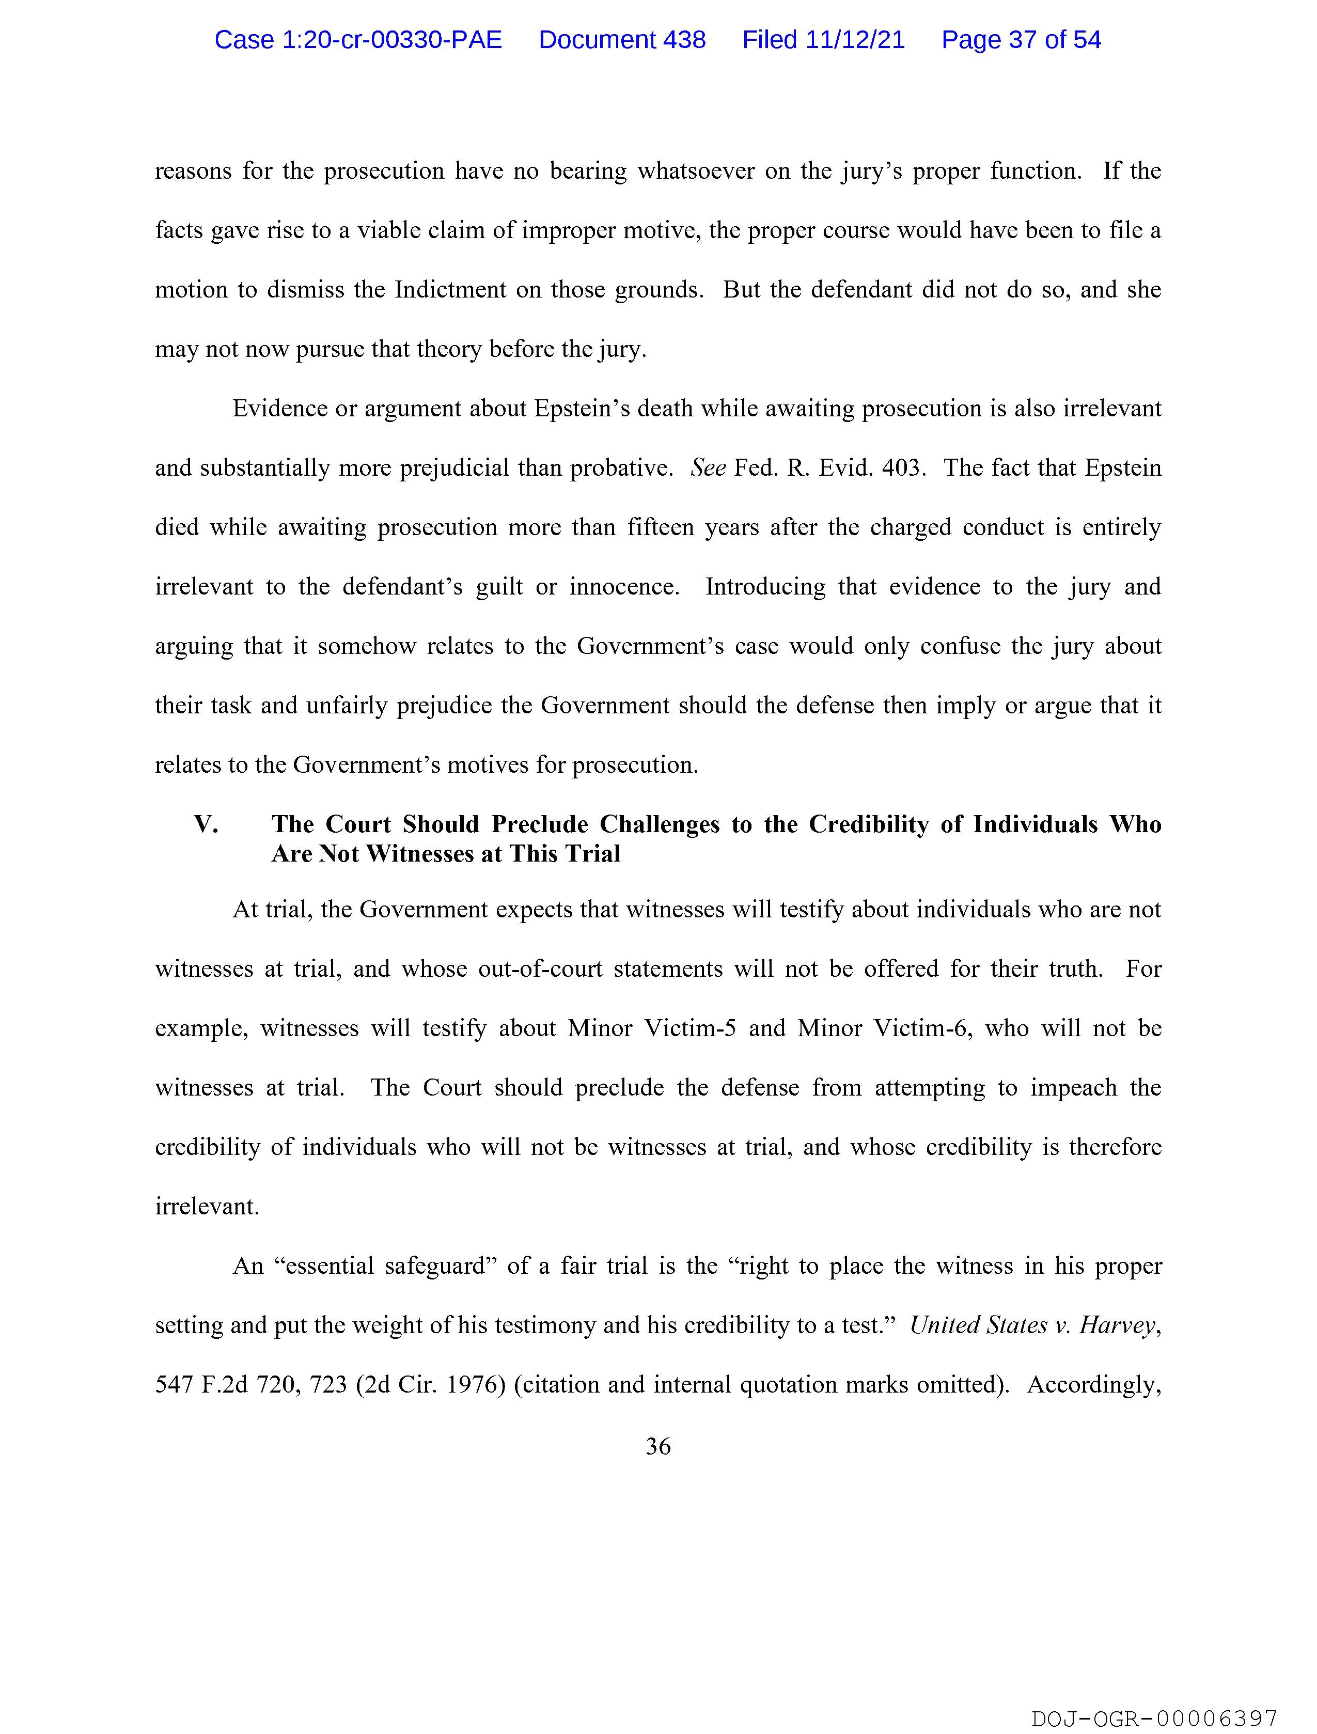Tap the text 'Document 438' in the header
tap(622, 40)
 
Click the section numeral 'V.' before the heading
tap(206, 825)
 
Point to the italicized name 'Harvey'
tap(1117, 1325)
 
